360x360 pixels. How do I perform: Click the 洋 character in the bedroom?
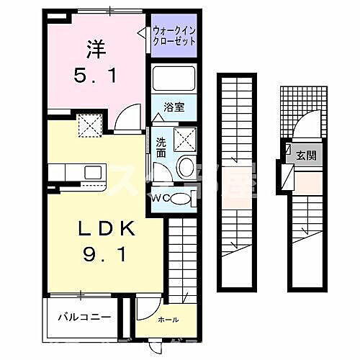click(x=96, y=50)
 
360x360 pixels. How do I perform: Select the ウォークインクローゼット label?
click(x=173, y=34)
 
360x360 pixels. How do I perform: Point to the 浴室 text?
click(x=174, y=107)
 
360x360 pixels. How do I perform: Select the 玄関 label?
click(x=305, y=154)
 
